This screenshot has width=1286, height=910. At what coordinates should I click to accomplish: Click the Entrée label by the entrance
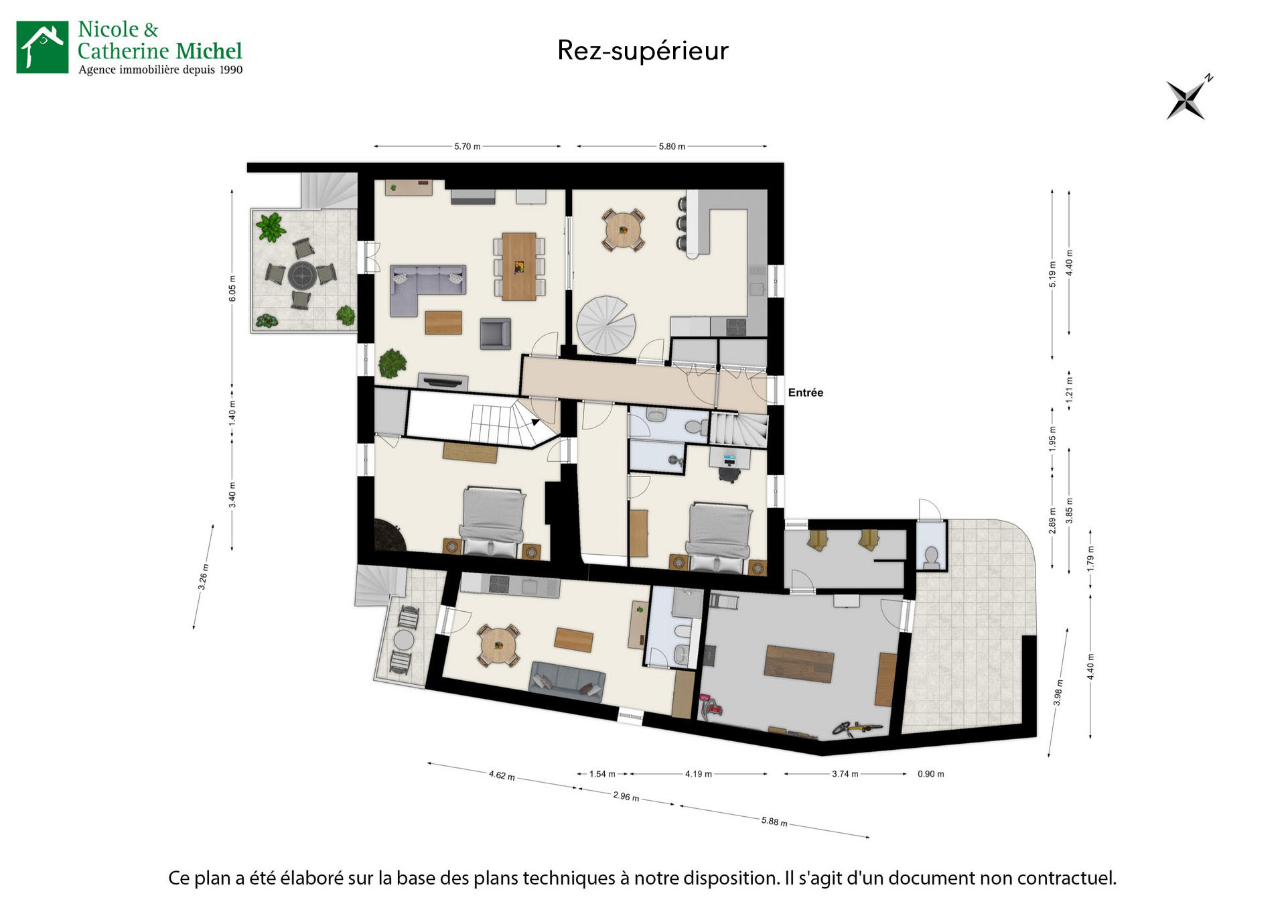pos(805,393)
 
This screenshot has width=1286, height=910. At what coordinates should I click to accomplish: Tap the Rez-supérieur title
pos(642,51)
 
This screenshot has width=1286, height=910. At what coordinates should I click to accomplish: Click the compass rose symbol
pos(1187,100)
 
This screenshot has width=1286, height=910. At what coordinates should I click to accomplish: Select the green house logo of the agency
pos(42,47)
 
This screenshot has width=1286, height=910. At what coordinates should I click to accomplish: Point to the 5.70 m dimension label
pos(467,146)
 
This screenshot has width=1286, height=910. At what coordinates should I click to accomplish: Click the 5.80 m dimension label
pos(672,146)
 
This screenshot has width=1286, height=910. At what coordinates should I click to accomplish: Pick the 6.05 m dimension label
pos(232,288)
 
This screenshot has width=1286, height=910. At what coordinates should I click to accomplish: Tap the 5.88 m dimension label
pos(774,821)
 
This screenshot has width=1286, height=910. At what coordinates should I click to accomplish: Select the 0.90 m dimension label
pos(930,774)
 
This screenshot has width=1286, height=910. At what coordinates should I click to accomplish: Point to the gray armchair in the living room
pos(495,333)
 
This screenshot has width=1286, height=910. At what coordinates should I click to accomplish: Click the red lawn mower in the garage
pos(711,707)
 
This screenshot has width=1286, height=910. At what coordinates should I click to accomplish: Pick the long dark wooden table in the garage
pos(799,663)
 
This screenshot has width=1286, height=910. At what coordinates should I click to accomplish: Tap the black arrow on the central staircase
pos(535,422)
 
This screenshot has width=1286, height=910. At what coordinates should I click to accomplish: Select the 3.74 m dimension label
pos(845,774)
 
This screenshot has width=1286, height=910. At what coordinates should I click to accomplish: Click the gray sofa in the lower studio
pos(567,679)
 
